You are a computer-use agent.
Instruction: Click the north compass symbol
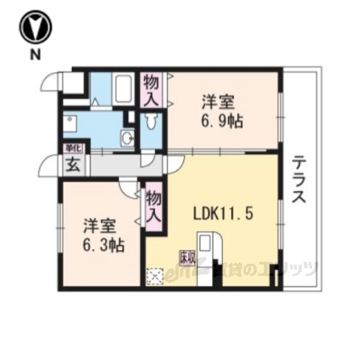35,28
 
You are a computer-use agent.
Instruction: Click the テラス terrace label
299,180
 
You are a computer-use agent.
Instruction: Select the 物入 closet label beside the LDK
154,205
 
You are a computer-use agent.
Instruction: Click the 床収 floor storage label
185,257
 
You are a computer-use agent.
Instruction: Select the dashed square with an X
156,277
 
